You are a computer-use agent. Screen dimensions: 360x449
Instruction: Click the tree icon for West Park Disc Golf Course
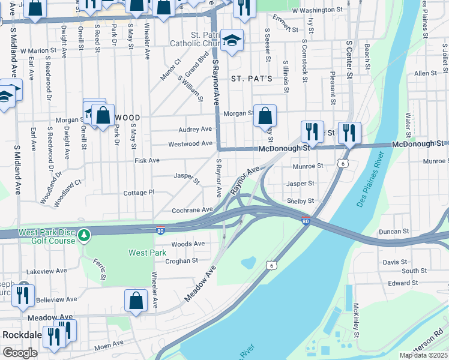tap(85, 233)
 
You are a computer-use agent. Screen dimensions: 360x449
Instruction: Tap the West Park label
tap(147, 253)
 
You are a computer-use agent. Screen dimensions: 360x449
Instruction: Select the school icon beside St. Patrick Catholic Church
tap(232, 40)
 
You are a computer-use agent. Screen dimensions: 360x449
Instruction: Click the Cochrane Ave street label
tap(192, 210)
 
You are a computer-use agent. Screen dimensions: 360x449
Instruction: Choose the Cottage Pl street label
tap(139, 193)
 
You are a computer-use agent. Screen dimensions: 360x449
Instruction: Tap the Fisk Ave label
tap(147, 161)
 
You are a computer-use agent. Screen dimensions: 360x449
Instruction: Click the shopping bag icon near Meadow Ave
tap(136, 301)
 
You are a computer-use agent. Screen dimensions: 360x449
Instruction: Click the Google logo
tap(20, 352)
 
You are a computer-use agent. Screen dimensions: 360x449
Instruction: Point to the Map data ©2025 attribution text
tap(423, 355)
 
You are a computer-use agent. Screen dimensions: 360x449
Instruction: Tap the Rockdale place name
tap(21, 334)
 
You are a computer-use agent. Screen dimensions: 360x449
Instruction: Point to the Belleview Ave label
tap(57, 299)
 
